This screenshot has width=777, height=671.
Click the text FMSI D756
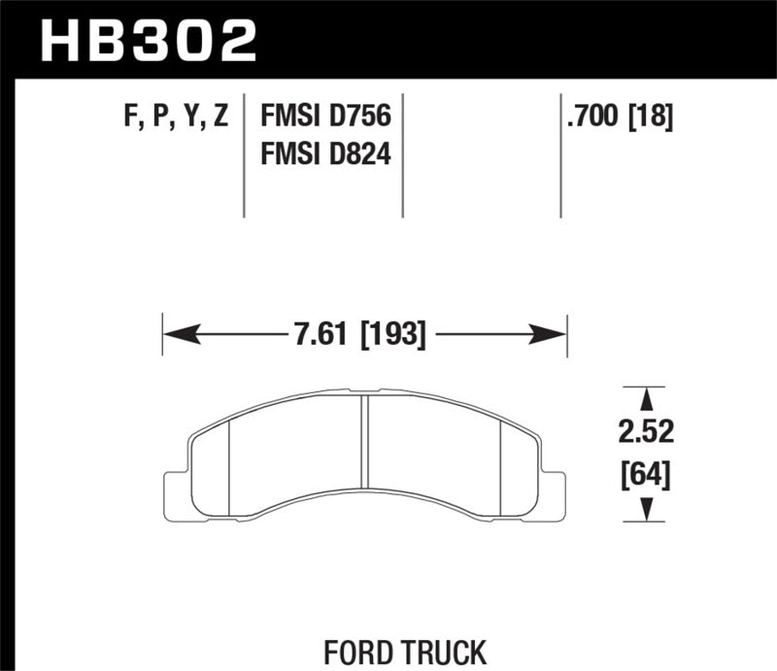click(x=324, y=117)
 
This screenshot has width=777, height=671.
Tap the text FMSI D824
click(x=324, y=153)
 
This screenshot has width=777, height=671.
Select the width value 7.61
click(x=321, y=336)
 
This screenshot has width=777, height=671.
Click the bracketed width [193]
click(x=393, y=336)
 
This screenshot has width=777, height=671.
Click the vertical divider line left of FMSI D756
click(x=243, y=155)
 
